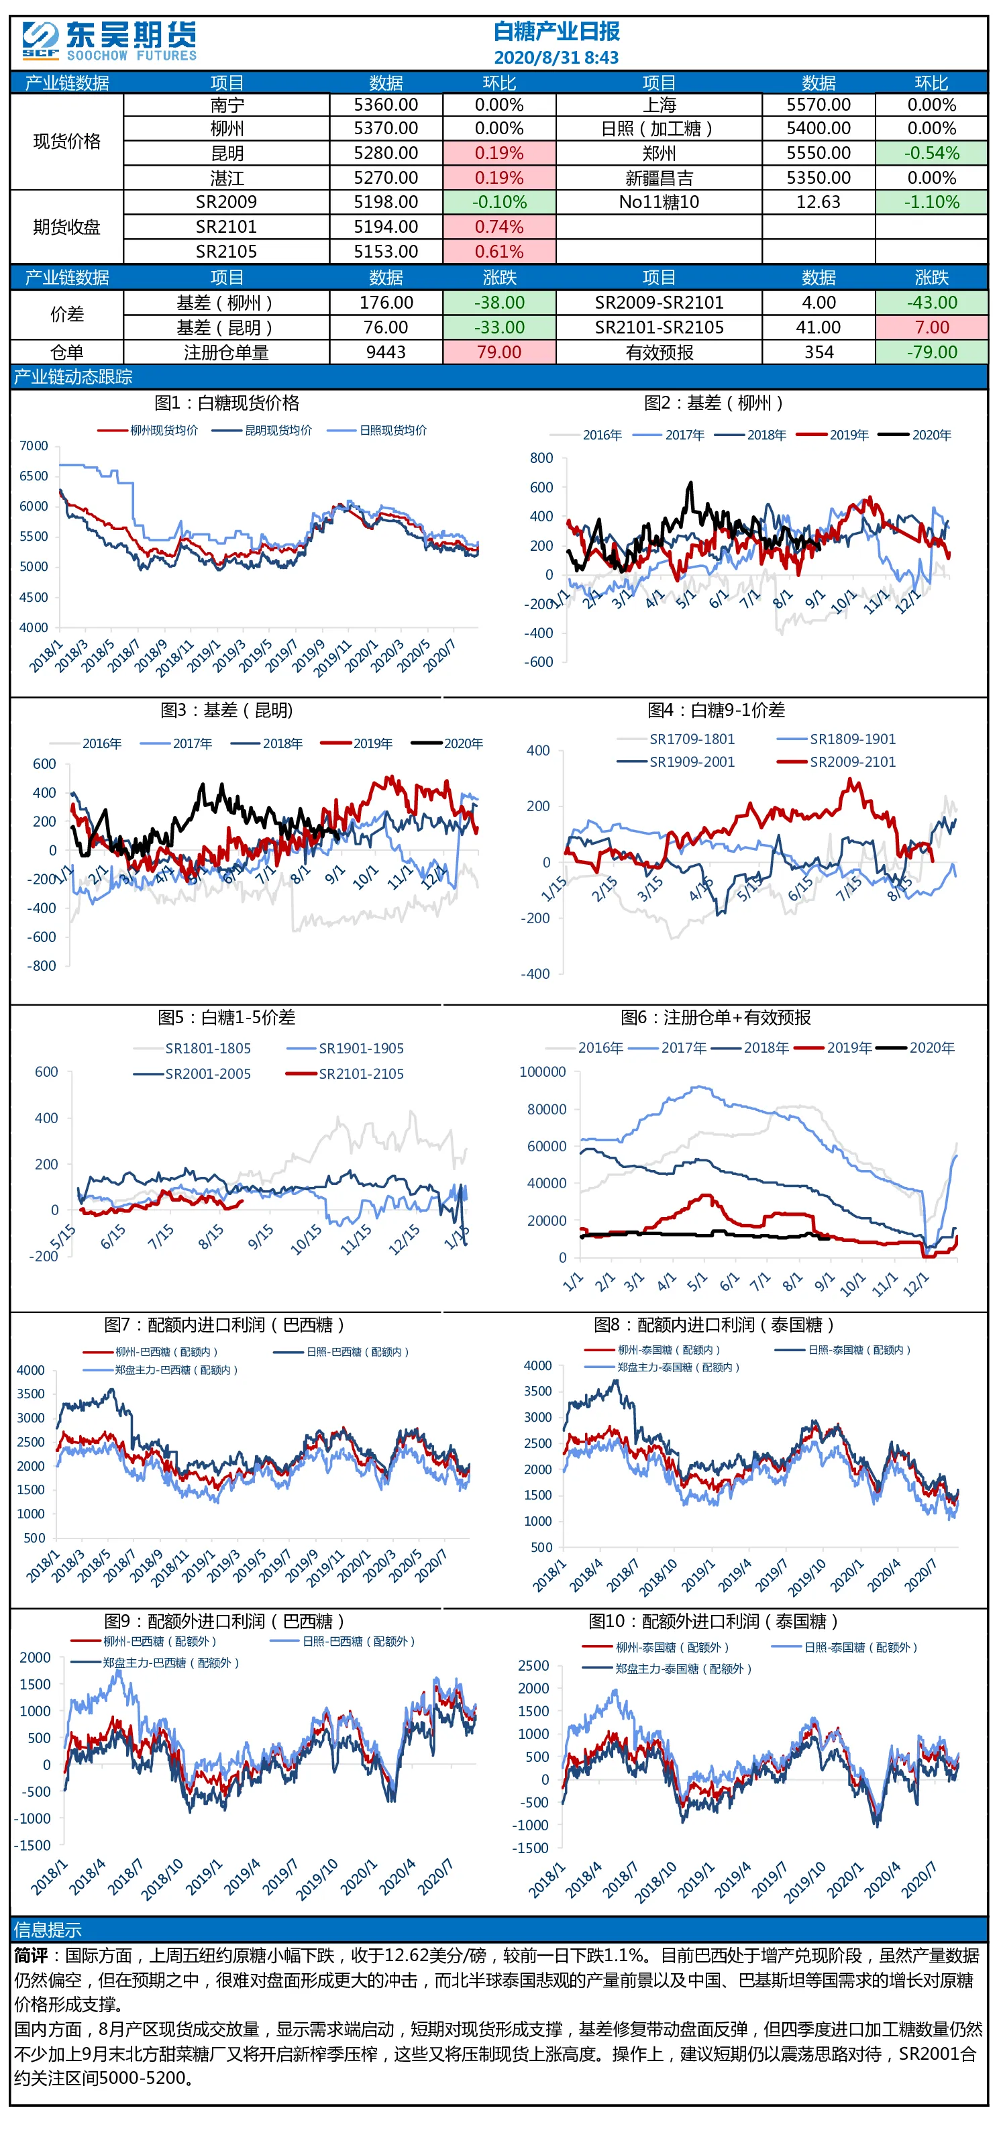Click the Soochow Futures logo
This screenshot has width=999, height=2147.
pyautogui.click(x=109, y=41)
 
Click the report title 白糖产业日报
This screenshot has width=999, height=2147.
pyautogui.click(x=557, y=32)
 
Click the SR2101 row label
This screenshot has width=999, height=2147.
pyautogui.click(x=227, y=227)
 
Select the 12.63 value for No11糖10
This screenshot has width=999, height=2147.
pyautogui.click(x=819, y=203)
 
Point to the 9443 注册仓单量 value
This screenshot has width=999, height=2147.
pyautogui.click(x=386, y=352)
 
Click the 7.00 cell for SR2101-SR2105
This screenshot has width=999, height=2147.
pyautogui.click(x=931, y=327)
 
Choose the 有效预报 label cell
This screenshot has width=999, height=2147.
pyautogui.click(x=659, y=352)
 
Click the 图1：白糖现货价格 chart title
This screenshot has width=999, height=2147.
pyautogui.click(x=227, y=403)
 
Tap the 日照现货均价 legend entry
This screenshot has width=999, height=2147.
pyautogui.click(x=378, y=431)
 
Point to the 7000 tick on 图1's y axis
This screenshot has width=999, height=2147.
pyautogui.click(x=34, y=446)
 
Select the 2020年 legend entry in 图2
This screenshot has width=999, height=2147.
pyautogui.click(x=916, y=435)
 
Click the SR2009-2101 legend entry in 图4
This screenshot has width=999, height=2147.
pyautogui.click(x=837, y=762)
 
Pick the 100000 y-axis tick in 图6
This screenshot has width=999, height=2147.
pyautogui.click(x=542, y=1072)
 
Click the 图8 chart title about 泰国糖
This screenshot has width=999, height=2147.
pyautogui.click(x=713, y=1325)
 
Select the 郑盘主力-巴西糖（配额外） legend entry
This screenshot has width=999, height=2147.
pyautogui.click(x=156, y=1663)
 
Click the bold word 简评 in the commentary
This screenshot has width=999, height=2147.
pyautogui.click(x=31, y=1955)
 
